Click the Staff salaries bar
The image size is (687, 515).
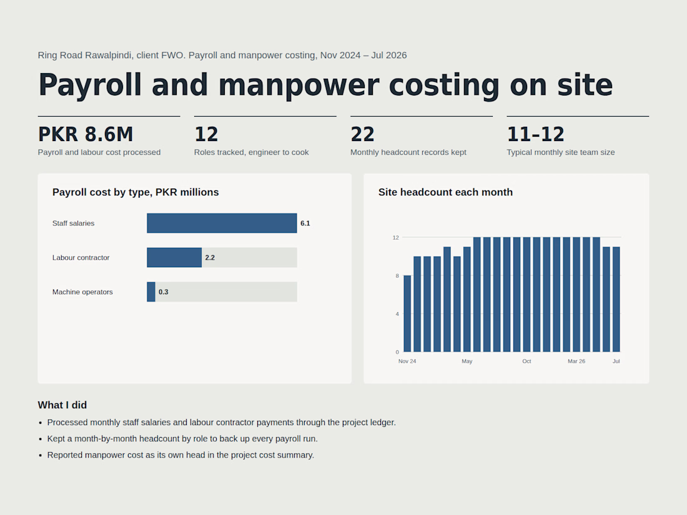[x=222, y=223]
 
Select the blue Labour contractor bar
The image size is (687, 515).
[x=174, y=257]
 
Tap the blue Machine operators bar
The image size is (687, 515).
[x=151, y=292]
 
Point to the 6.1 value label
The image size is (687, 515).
[x=305, y=223]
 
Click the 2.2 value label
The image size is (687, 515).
[x=210, y=257]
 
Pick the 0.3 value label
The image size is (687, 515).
[x=164, y=292]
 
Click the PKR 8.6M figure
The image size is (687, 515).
[x=86, y=134]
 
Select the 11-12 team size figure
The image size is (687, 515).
[x=535, y=134]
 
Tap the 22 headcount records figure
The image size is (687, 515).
[x=362, y=134]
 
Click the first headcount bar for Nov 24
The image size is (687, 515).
[x=407, y=313]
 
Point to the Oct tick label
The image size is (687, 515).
[x=526, y=361]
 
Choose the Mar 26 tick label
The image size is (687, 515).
[x=576, y=361]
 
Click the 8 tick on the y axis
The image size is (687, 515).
[x=397, y=276]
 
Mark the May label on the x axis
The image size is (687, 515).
[x=467, y=361]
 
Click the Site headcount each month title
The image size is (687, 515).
[x=445, y=192]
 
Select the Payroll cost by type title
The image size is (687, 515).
[x=136, y=192]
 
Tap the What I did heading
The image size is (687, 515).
[x=62, y=405]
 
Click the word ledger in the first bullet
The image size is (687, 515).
[x=382, y=423]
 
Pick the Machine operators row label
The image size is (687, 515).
[x=82, y=292]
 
